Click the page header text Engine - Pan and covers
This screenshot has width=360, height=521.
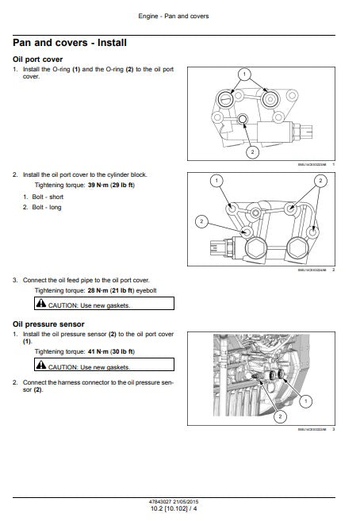pos(179,16)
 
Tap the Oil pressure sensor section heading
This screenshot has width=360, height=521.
pos(48,324)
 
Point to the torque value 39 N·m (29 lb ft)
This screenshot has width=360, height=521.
pos(107,185)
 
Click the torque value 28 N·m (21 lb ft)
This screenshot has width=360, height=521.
pos(107,291)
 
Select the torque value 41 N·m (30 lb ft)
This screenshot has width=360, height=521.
pos(107,351)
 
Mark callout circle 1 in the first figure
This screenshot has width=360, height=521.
pos(244,75)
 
